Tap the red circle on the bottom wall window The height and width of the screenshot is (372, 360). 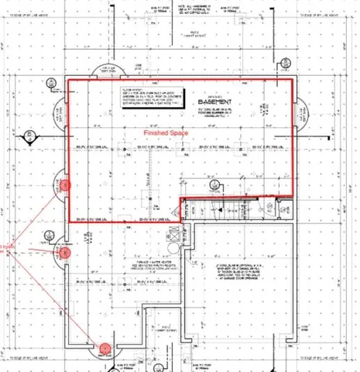coord(103,348)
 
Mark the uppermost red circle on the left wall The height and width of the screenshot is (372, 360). coord(65,184)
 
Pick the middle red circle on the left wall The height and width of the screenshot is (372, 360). coord(65,252)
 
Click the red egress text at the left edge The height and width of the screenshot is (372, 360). coord(6,250)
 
